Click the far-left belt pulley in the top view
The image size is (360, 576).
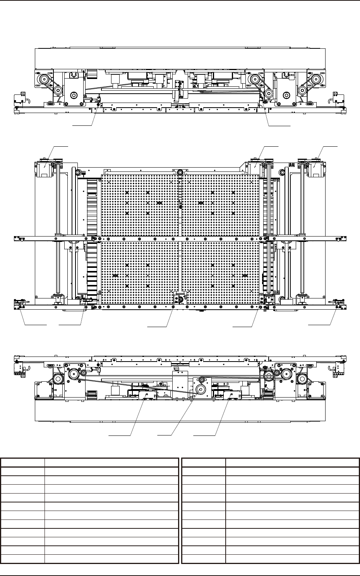[x=43, y=79]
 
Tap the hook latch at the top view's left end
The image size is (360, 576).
[x=19, y=97]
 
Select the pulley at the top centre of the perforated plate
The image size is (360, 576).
[x=180, y=171]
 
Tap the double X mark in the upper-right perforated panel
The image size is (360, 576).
[x=201, y=202]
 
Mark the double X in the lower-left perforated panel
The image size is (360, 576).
[x=115, y=276]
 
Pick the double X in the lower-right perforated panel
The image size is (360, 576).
[x=245, y=276]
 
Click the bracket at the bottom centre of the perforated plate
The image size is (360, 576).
[x=179, y=298]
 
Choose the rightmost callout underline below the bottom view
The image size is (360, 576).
[x=204, y=435]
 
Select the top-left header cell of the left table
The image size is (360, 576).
[x=22, y=462]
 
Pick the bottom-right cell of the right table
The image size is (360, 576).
[x=292, y=559]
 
